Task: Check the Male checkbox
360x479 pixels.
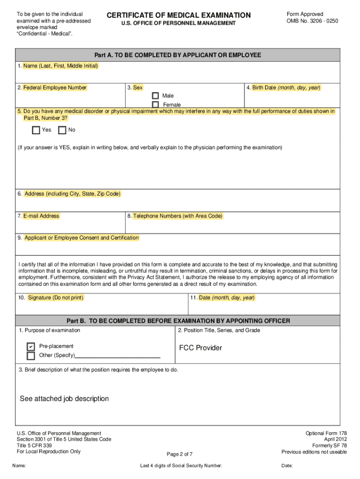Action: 155,96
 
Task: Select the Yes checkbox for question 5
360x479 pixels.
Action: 36,130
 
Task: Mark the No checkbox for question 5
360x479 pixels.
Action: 62,130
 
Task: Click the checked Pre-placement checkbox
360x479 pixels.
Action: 31,347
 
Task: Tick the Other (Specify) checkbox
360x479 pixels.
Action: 31,356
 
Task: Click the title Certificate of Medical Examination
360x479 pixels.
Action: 179,16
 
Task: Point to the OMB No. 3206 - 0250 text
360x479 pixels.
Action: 312,21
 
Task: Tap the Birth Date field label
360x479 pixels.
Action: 286,87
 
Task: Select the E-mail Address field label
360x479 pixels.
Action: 41,216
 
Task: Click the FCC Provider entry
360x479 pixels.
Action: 201,348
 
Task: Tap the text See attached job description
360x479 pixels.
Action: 64,399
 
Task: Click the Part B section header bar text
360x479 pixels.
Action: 178,321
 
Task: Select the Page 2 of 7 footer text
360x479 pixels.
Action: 180,454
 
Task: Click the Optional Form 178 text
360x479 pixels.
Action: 326,434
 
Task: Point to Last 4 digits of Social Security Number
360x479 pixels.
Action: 181,466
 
